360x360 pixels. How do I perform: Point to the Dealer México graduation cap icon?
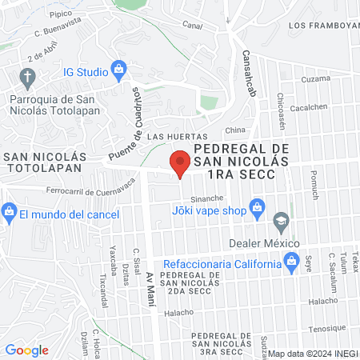[281, 220]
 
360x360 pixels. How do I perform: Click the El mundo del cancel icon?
[10, 213]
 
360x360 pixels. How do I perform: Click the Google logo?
[26, 350]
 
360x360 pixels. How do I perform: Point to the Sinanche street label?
[207, 197]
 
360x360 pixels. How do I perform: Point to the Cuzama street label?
[315, 79]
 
